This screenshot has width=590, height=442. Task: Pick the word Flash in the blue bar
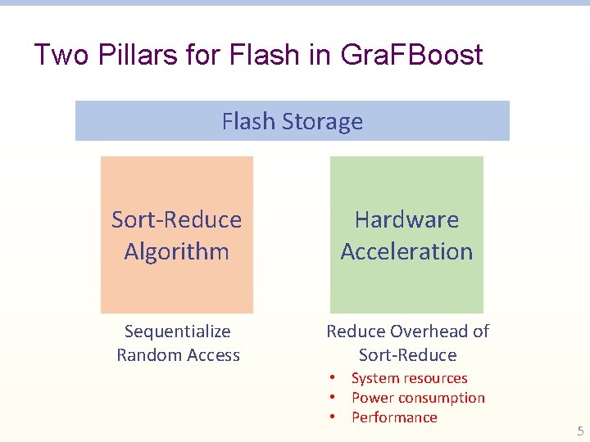(248, 122)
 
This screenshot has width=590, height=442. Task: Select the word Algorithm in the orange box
(176, 251)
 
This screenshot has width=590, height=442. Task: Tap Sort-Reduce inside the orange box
(176, 219)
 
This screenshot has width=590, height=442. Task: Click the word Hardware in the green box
(406, 219)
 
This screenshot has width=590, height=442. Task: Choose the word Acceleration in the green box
(406, 251)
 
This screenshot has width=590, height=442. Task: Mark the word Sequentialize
(177, 331)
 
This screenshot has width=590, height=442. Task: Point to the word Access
(212, 355)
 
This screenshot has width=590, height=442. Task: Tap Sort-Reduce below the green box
(407, 355)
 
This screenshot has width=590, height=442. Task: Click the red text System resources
(409, 378)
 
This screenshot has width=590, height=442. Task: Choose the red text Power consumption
(418, 398)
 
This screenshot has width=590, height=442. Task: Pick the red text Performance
(394, 417)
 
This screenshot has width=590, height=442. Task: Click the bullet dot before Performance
(334, 417)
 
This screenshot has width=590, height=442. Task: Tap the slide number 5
(580, 431)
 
